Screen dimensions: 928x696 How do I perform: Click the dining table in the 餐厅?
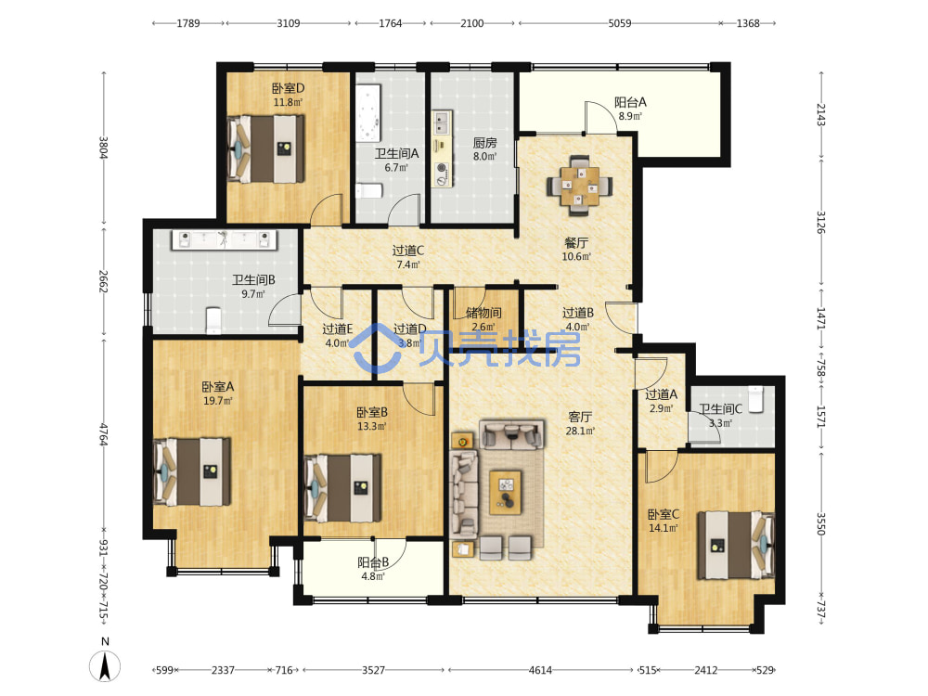[579, 185]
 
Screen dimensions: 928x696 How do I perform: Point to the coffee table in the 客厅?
[506, 493]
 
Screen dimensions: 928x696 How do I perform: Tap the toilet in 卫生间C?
[755, 399]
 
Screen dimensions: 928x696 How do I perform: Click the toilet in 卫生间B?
[213, 320]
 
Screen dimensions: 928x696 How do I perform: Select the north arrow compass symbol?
[105, 665]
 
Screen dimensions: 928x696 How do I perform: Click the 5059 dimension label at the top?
[619, 23]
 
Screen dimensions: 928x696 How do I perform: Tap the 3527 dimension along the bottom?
[373, 670]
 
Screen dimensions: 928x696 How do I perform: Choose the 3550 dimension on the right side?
[821, 523]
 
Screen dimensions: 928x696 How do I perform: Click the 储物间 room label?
[483, 313]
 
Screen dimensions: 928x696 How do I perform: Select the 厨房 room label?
[484, 143]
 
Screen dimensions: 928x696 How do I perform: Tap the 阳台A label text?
[630, 102]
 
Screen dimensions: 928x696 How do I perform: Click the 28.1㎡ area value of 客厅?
[580, 431]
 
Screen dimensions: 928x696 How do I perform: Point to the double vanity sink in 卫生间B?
[225, 239]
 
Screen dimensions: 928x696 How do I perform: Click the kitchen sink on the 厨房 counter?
[441, 122]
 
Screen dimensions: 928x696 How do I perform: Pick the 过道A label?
[661, 394]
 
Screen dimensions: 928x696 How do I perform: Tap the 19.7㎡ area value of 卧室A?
[218, 401]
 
